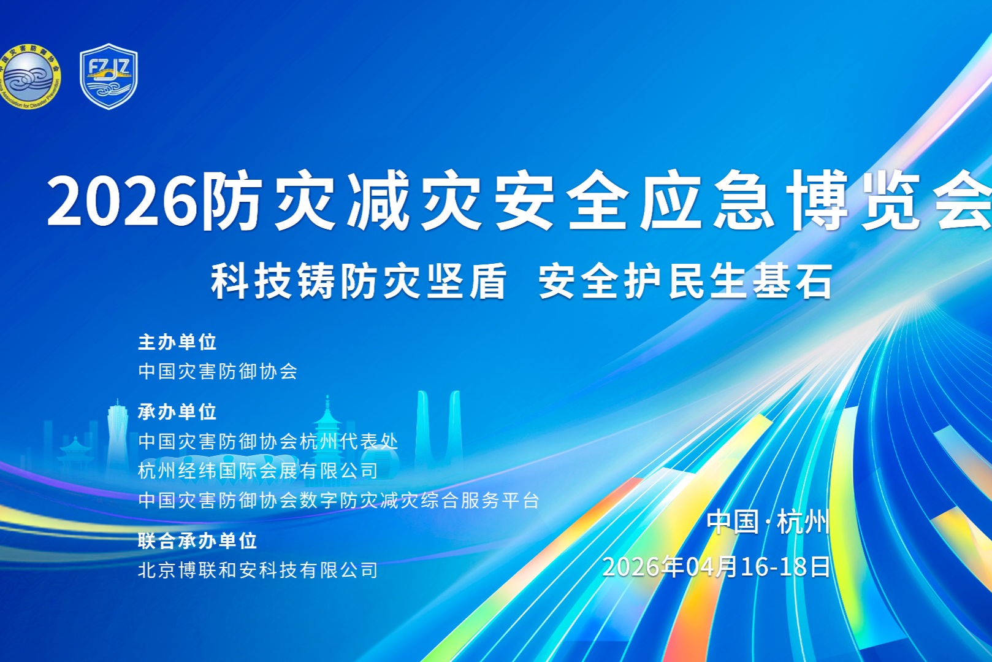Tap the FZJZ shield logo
tap(109, 76)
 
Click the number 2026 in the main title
tap(123, 201)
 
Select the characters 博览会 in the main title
tap(889, 201)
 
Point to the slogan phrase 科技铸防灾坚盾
tap(359, 282)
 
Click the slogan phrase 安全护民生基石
tap(685, 282)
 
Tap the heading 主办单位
tap(177, 342)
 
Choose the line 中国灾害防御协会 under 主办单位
tap(218, 371)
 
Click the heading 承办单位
tap(177, 412)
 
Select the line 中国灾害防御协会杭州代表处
tap(268, 441)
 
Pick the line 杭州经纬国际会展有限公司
tap(258, 471)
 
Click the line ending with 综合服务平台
tap(338, 500)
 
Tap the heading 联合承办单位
tap(197, 541)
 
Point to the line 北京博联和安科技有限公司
tap(258, 570)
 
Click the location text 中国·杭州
tap(768, 522)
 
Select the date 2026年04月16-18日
tap(716, 566)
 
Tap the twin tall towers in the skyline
tap(438, 429)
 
